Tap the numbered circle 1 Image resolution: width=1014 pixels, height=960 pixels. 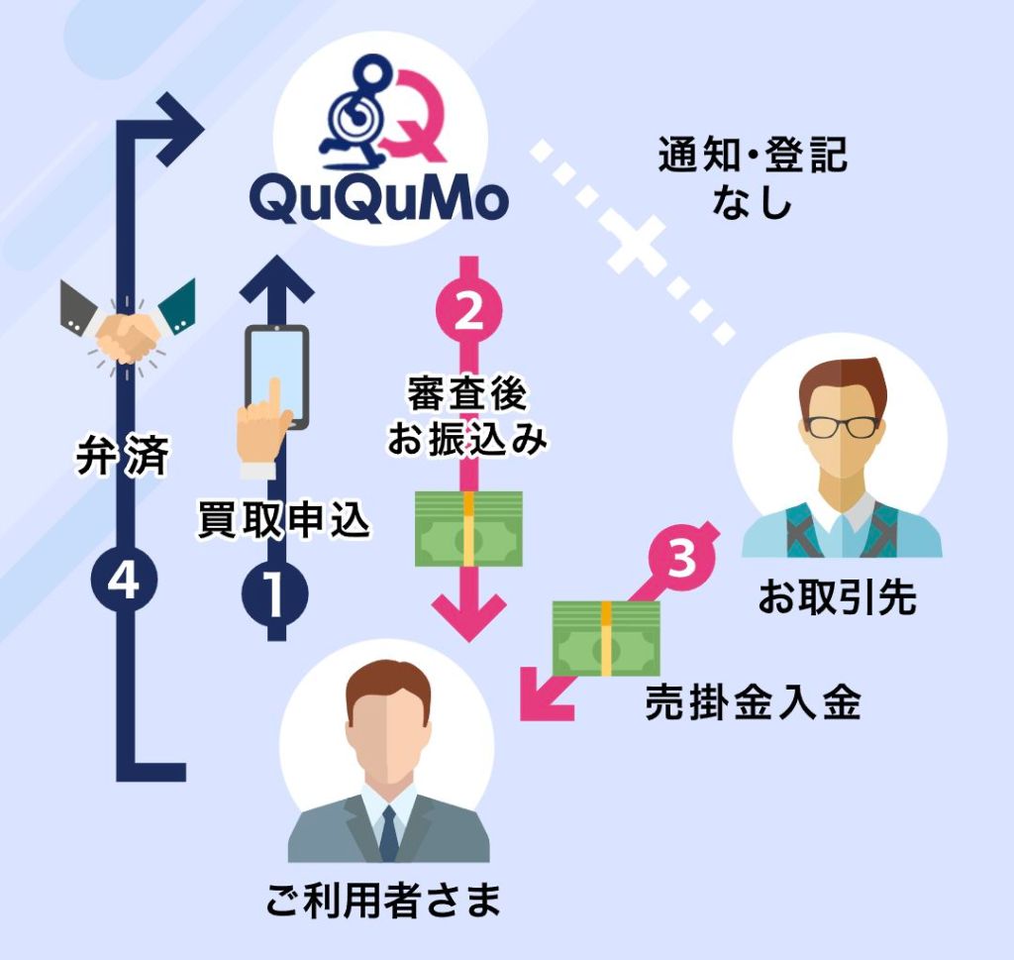click(275, 593)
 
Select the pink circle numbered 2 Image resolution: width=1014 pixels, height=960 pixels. click(469, 313)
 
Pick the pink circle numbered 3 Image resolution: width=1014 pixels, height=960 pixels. click(681, 558)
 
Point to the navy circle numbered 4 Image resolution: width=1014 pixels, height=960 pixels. click(124, 580)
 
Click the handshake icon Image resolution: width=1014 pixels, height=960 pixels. click(127, 328)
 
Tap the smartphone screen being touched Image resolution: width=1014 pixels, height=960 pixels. click(277, 376)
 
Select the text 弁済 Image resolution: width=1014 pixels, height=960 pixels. click(123, 456)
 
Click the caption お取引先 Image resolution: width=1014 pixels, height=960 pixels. click(838, 596)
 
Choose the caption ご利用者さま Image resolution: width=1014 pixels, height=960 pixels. click(383, 900)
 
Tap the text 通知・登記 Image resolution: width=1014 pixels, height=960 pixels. click(753, 156)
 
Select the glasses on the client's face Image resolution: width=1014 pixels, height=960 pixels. click(843, 427)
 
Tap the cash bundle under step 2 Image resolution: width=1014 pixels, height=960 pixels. click(468, 528)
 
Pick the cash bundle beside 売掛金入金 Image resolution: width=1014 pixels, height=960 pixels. click(606, 638)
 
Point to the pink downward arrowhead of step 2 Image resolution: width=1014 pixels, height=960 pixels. click(469, 618)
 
